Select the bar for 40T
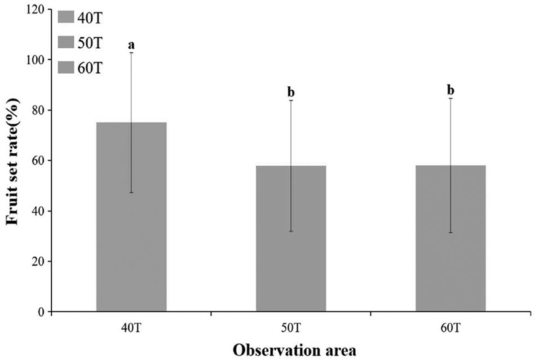(x=131, y=221)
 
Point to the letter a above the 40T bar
(x=131, y=45)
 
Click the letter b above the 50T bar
(x=291, y=92)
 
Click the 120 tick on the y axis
(x=36, y=9)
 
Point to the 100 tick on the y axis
(x=36, y=60)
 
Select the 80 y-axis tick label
(x=39, y=110)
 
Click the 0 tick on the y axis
(x=41, y=312)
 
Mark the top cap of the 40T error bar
(x=131, y=53)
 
